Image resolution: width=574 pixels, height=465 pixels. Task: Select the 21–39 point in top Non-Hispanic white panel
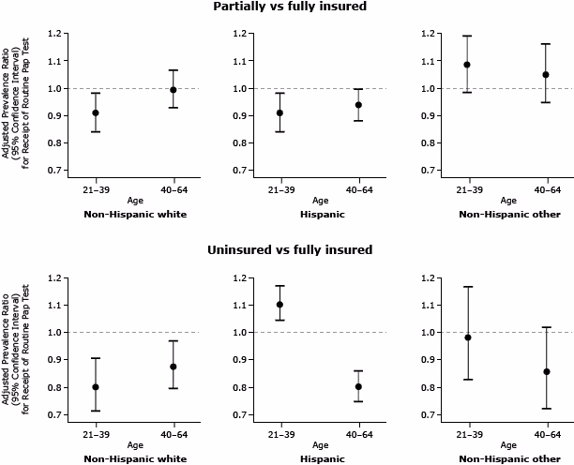click(95, 112)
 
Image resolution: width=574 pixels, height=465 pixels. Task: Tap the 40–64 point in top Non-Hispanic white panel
click(172, 90)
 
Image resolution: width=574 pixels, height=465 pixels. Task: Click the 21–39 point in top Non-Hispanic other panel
click(467, 65)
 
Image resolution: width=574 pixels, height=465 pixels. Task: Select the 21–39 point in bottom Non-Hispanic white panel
click(95, 387)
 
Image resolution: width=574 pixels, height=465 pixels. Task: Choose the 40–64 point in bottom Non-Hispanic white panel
click(172, 367)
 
